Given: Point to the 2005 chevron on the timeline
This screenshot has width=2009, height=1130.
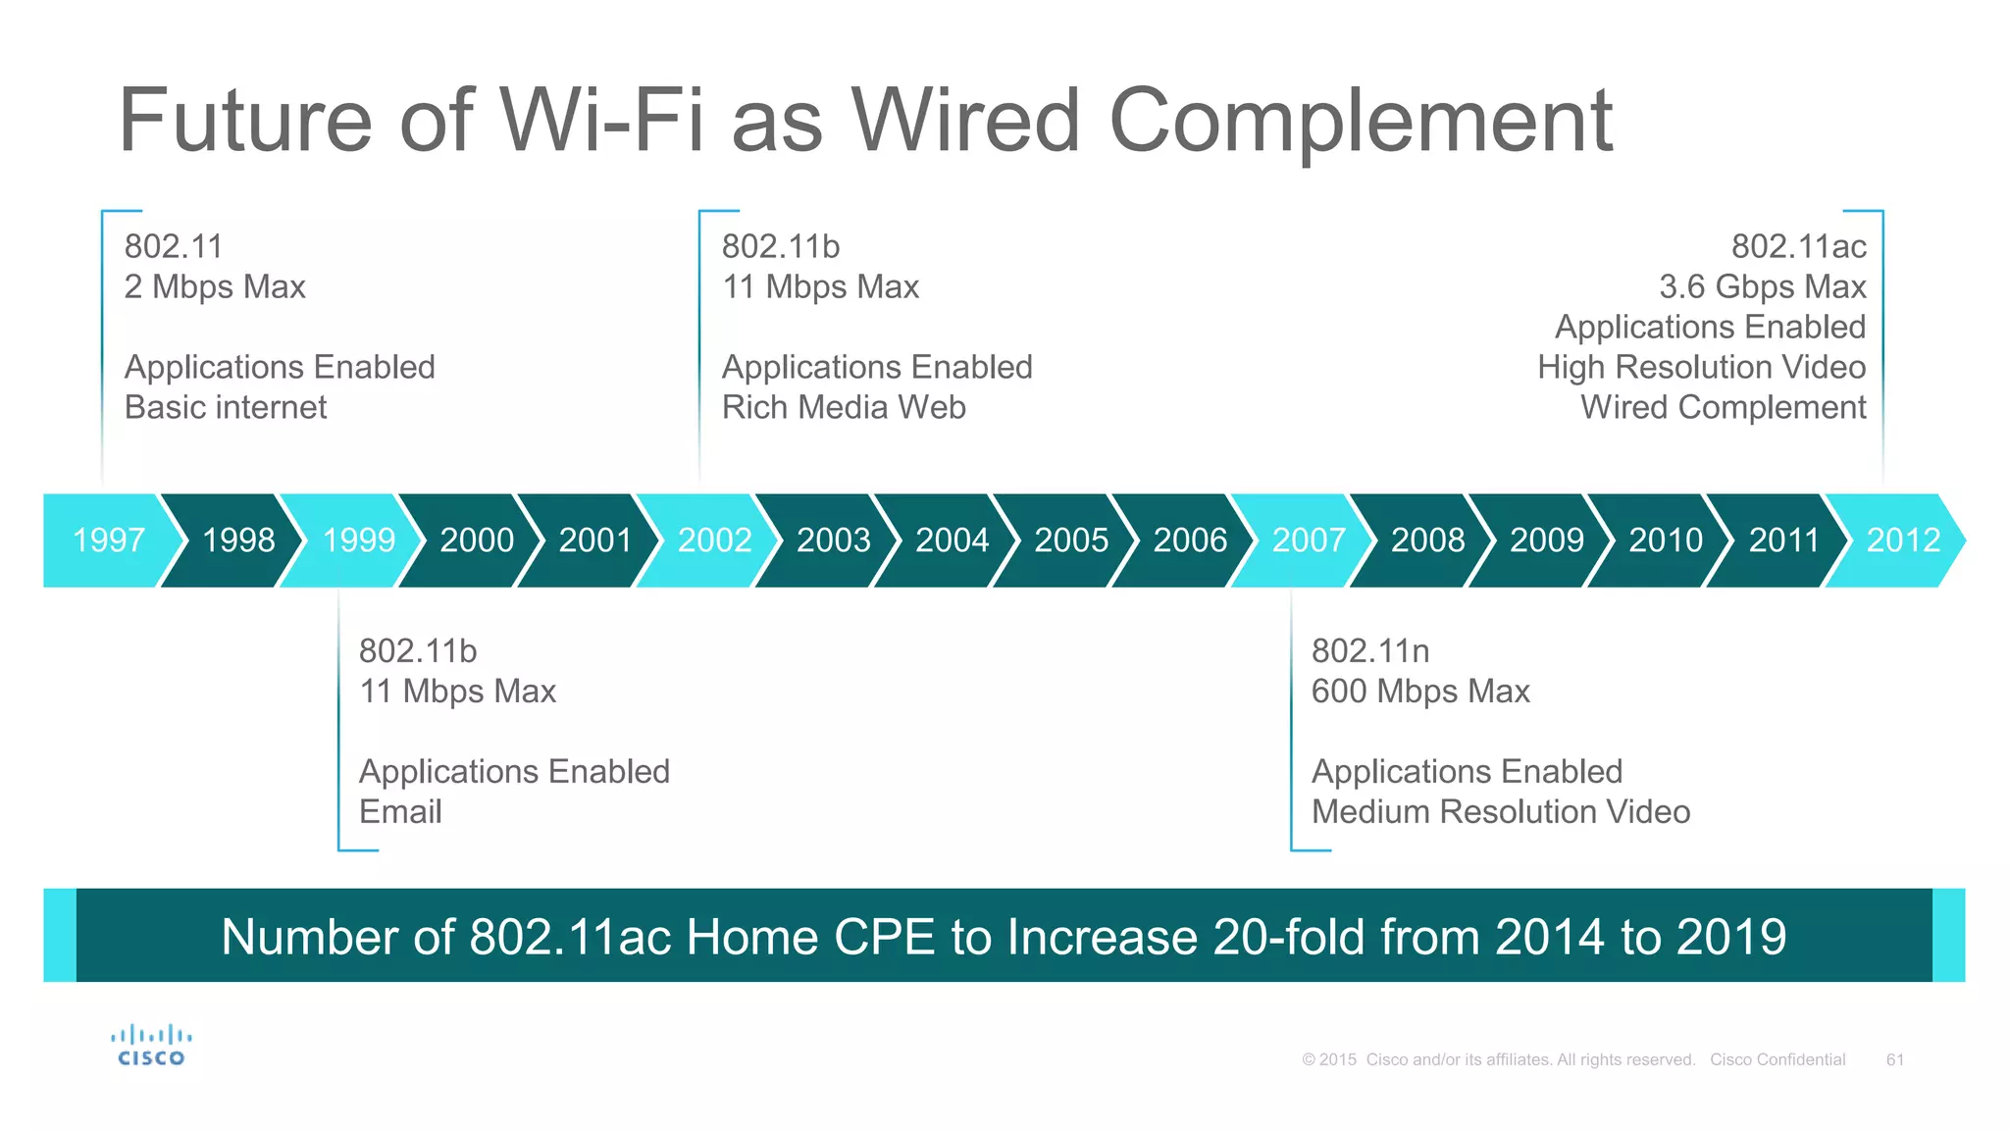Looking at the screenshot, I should [1070, 540].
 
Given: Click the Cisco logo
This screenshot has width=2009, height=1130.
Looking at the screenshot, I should [151, 1046].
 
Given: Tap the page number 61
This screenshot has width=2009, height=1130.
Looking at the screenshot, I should [1894, 1059].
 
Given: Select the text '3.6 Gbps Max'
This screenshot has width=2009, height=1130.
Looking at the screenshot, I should [1762, 286].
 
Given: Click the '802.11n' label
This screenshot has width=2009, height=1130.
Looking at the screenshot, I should [1369, 651].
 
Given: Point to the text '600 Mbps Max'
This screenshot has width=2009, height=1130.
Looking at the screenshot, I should [1419, 692].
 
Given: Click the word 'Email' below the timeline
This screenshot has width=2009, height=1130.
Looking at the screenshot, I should [400, 812].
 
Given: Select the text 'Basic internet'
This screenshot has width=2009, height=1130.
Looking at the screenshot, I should [225, 407].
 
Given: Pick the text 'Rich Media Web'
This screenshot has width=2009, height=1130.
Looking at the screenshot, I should [844, 407].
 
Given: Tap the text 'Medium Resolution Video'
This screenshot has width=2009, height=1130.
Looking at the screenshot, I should [1500, 812].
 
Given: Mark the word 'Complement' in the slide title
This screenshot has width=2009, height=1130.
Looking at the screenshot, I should [1360, 121].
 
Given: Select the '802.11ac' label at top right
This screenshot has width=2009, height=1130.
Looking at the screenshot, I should [1798, 246].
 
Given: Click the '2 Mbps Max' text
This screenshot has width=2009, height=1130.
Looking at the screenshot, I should [215, 286].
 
